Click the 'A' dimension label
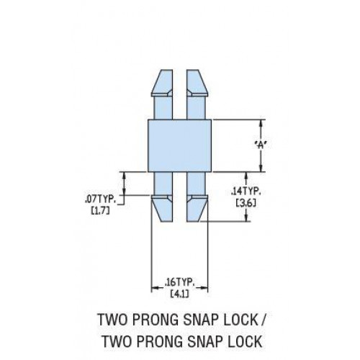click(x=261, y=145)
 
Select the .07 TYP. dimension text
click(x=100, y=199)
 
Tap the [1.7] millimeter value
click(x=100, y=211)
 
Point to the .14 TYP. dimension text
click(x=246, y=192)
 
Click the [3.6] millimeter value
click(x=246, y=203)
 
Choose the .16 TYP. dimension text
click(x=179, y=283)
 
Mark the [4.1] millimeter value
click(x=179, y=294)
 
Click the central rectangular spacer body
click(x=179, y=145)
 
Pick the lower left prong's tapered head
click(x=162, y=208)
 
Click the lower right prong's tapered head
click(x=197, y=208)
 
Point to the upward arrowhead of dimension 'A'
click(x=261, y=124)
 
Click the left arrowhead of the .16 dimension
click(x=156, y=287)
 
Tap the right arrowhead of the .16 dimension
click(x=204, y=287)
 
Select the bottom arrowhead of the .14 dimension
click(x=246, y=217)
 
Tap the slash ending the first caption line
click(x=262, y=320)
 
